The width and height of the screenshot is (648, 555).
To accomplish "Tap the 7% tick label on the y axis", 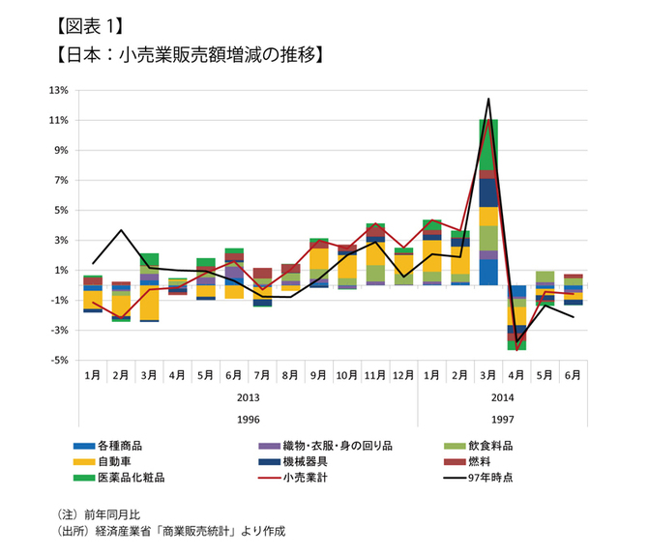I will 61,181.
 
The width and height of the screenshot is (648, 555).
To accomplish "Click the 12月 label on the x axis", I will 402,374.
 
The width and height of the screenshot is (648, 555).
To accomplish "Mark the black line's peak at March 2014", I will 488,99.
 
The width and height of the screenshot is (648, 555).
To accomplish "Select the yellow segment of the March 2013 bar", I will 149,303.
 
